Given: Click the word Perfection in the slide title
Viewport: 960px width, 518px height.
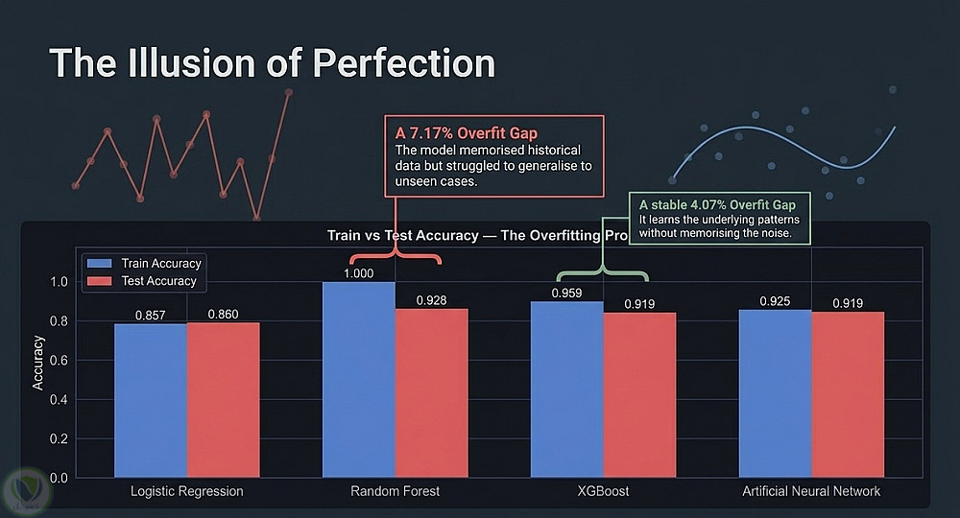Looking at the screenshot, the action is click(403, 63).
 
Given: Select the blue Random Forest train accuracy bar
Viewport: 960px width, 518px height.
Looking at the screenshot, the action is click(359, 379).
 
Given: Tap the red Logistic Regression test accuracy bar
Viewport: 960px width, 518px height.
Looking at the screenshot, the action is click(224, 400).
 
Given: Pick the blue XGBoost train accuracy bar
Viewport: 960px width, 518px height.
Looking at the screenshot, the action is click(567, 388).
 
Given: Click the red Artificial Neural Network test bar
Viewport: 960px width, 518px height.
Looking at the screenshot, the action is click(848, 394).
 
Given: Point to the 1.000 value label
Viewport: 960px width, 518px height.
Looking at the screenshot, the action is click(359, 273).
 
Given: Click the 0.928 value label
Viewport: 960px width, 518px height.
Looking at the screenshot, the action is click(432, 300).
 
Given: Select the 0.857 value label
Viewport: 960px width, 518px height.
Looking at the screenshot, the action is click(151, 315).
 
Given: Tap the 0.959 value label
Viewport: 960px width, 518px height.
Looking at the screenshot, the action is click(567, 293).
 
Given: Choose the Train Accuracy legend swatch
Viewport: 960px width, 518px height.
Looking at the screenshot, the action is click(99, 264).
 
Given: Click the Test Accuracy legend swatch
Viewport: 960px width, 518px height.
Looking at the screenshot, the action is click(99, 281).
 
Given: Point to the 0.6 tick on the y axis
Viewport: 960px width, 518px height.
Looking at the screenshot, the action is click(59, 361).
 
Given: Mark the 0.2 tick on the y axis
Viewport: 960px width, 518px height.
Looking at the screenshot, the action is click(59, 438).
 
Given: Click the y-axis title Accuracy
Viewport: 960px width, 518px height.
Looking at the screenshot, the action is click(38, 363).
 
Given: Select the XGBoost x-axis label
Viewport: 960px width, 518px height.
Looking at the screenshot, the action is click(603, 491).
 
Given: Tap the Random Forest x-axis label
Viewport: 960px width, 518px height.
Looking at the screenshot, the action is click(395, 491).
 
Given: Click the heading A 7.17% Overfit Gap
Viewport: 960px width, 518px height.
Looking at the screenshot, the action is click(467, 132).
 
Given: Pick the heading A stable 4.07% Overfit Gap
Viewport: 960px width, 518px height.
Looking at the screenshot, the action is click(717, 205).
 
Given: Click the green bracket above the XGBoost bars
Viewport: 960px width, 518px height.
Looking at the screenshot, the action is click(603, 271).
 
